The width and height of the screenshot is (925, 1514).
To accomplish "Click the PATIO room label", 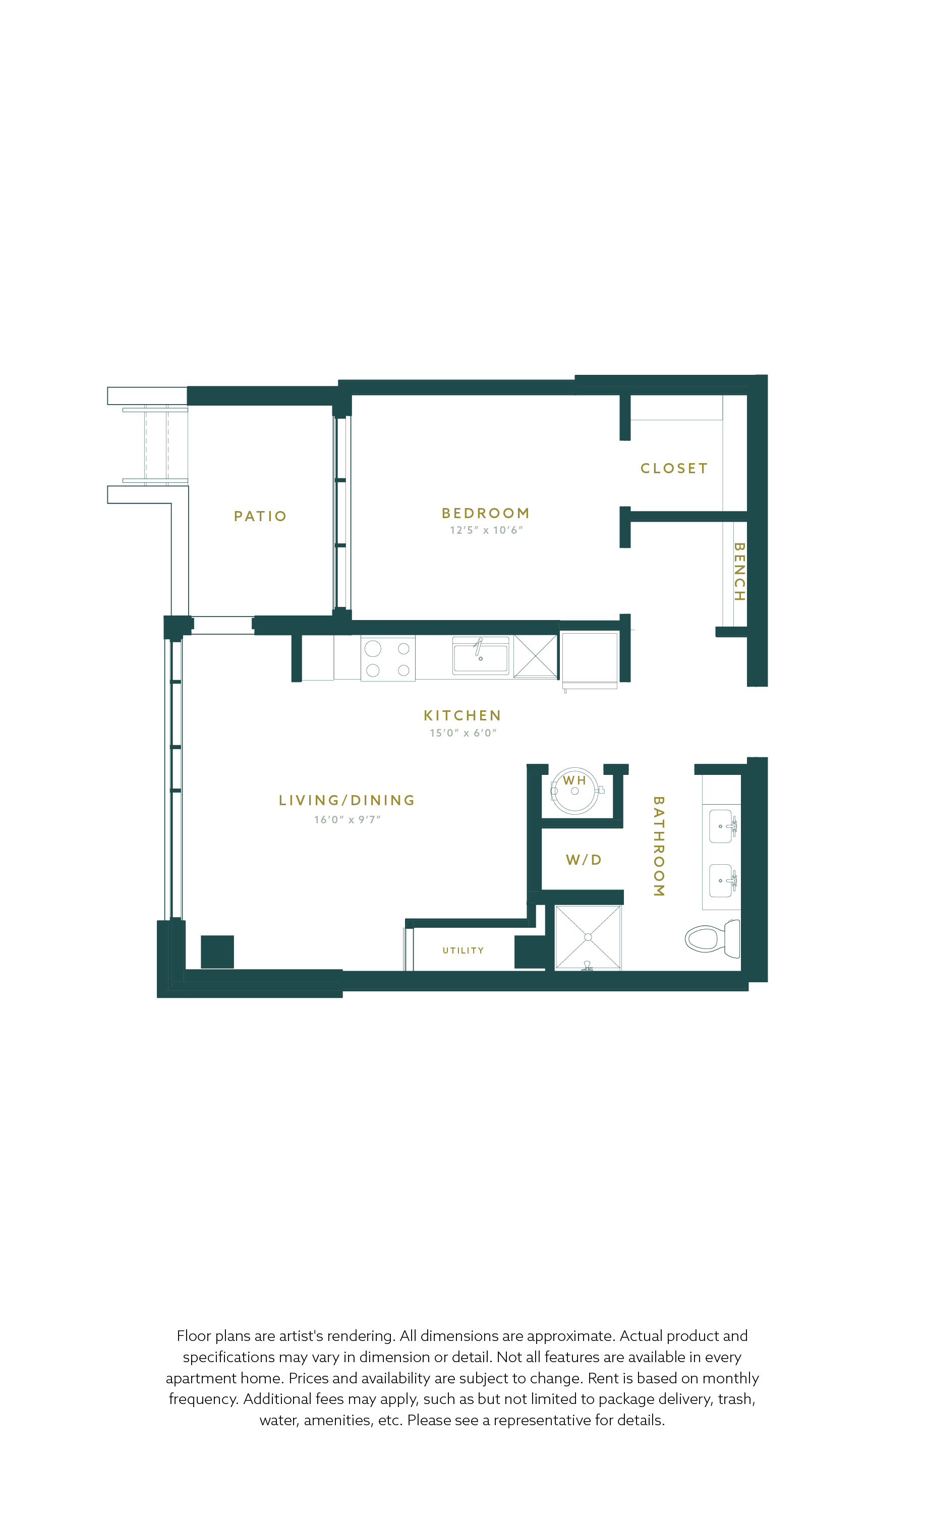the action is [260, 516].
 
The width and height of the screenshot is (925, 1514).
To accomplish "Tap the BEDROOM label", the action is [485, 513].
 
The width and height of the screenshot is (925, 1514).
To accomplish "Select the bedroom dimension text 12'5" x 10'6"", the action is [486, 530].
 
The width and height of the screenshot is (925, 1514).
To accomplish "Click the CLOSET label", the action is [674, 468].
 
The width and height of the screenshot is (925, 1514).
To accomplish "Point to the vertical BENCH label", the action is [739, 572].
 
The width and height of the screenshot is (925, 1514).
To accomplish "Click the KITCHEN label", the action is [463, 716].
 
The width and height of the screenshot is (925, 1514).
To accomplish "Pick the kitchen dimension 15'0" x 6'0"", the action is [463, 733].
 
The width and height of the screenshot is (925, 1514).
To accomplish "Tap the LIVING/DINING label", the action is [347, 800].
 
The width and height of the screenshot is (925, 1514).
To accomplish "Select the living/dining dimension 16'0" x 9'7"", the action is [347, 820].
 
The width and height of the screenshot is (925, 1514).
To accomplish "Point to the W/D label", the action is [584, 860].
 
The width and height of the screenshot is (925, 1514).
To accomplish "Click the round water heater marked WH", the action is [574, 791].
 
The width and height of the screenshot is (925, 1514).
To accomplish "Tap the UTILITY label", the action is [463, 950].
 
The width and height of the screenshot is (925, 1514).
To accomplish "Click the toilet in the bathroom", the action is [713, 939].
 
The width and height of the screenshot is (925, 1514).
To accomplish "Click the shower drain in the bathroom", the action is [588, 937].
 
